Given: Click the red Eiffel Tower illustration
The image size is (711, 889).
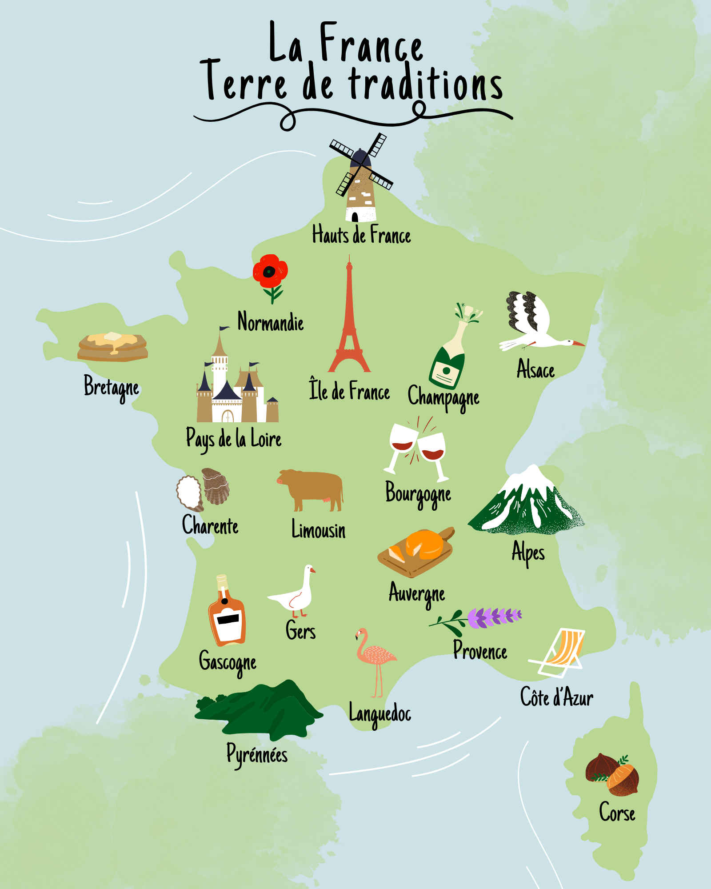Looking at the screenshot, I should (349, 324).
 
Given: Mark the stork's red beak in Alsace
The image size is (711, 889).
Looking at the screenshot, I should (579, 344).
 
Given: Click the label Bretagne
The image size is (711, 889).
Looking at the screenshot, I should (111, 387).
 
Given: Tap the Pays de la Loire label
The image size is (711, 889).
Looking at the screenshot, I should (234, 439).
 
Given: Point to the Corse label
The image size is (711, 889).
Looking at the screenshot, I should (617, 812).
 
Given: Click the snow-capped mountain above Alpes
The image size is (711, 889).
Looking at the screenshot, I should (527, 502).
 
